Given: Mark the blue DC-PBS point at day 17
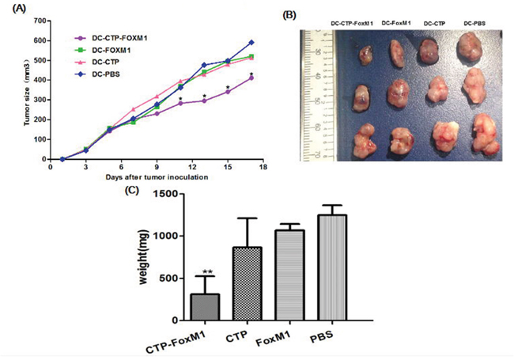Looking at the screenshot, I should coord(251,42).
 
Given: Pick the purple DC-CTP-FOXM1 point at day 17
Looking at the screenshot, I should coord(251,78).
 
